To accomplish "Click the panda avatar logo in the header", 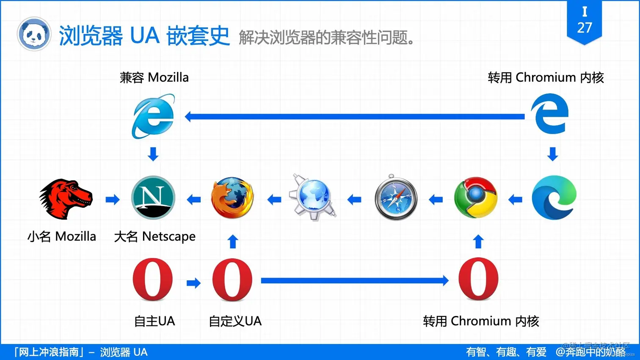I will (34, 34).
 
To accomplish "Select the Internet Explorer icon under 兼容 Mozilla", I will (153, 116).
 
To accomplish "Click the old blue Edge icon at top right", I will (549, 114).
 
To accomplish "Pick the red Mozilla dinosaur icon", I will (66, 198).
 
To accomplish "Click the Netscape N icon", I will (153, 198).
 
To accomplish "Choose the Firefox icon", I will (232, 198).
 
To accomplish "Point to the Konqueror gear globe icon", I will (313, 198).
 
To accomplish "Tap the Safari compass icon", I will (396, 198).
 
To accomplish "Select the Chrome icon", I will (475, 198).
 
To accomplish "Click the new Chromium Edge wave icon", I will (554, 198).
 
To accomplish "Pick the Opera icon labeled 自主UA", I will (153, 280).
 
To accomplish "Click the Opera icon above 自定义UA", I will (232, 280).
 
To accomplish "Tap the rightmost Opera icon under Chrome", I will (478, 279).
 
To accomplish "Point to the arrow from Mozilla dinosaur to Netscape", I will (113, 199).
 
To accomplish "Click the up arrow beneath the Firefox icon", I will (233, 242).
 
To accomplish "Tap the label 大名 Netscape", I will (155, 236).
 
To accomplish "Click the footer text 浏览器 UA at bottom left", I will (124, 352).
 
